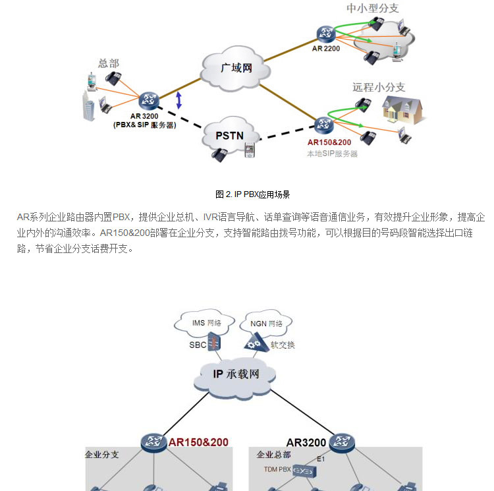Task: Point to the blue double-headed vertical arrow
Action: click(x=178, y=100)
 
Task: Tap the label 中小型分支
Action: click(x=373, y=9)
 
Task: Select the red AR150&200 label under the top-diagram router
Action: click(x=329, y=142)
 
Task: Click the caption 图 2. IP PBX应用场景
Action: click(x=253, y=194)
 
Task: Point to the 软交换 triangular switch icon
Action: click(x=256, y=342)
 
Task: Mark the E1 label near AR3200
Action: click(x=321, y=459)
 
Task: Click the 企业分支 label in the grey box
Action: click(x=101, y=455)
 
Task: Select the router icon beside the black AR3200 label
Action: click(x=341, y=442)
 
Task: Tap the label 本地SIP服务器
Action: click(x=332, y=154)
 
